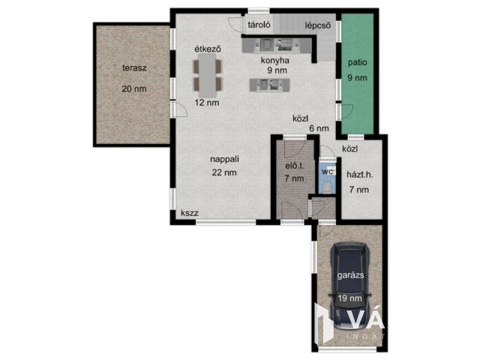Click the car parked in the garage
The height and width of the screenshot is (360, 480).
click(350, 286)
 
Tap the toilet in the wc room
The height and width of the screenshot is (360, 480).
click(327, 187)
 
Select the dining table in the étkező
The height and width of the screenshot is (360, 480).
click(208, 75)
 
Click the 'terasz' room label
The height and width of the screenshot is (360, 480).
click(134, 68)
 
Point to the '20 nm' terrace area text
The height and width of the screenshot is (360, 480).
click(134, 88)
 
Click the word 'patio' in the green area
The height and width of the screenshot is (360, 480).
click(357, 63)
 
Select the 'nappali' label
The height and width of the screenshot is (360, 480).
click(224, 159)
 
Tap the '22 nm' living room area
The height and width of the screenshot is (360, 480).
click(224, 172)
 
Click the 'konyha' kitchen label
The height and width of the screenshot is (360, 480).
click(275, 61)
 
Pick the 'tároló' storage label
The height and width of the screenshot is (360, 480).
click(259, 25)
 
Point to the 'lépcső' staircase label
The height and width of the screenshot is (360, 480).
click(318, 25)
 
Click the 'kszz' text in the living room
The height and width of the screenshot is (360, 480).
click(190, 213)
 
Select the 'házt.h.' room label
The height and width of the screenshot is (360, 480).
click(360, 175)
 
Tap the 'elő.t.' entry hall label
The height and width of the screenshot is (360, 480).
click(295, 166)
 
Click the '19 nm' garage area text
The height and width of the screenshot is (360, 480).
click(350, 298)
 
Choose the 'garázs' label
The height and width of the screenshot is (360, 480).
click(350, 275)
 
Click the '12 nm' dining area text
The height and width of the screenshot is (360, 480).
click(207, 103)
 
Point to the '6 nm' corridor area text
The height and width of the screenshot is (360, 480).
click(319, 128)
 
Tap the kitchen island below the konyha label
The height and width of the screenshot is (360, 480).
click(269, 85)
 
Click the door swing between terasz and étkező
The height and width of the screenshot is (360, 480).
click(180, 109)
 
